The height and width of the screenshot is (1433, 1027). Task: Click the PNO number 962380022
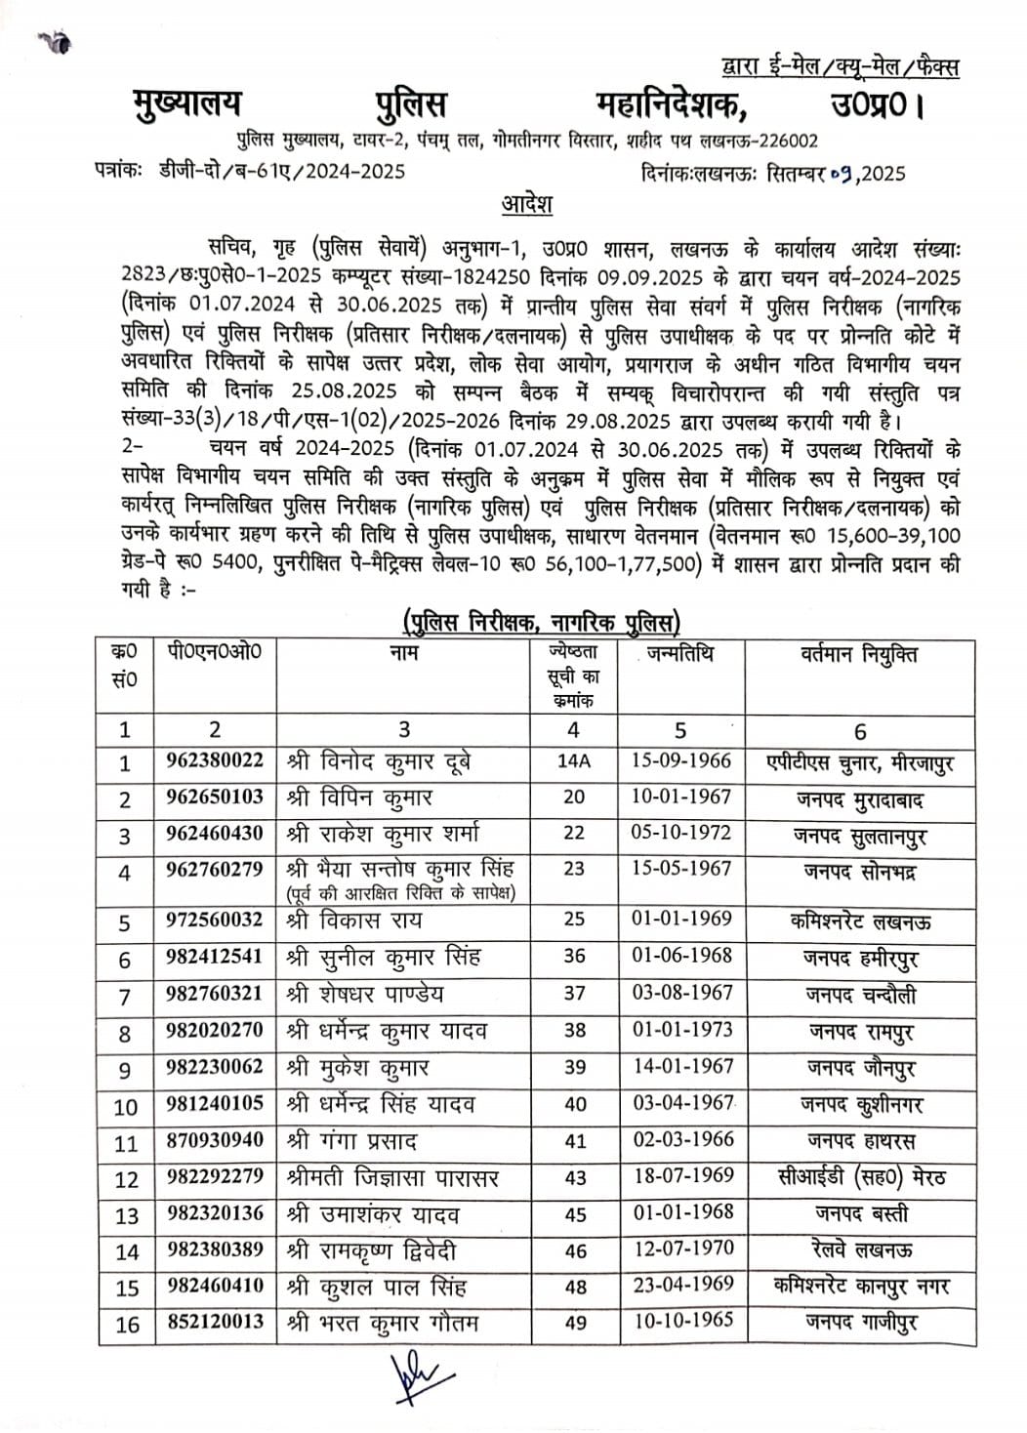click(215, 760)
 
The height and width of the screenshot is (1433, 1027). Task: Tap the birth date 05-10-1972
click(680, 834)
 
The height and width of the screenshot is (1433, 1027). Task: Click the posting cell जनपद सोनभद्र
click(859, 872)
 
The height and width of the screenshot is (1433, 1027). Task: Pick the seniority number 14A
click(573, 761)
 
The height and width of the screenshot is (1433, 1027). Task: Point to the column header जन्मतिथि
click(679, 653)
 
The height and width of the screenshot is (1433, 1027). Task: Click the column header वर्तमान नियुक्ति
click(859, 655)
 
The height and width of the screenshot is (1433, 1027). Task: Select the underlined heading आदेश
click(527, 205)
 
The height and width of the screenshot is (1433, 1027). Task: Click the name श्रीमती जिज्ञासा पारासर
click(393, 1178)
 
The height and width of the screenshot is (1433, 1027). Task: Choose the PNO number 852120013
click(215, 1323)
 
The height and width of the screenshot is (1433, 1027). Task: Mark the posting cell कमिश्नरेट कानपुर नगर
click(859, 1287)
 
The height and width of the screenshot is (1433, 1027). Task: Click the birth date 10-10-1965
click(680, 1323)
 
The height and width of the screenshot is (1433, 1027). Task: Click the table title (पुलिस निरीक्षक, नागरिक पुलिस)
click(542, 621)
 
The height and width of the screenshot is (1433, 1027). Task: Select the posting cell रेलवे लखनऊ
click(859, 1250)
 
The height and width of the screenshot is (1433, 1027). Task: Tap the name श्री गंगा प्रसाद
click(352, 1141)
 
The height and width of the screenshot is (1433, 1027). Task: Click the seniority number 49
click(575, 1324)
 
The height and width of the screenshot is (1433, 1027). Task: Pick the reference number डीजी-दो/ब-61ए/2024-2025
click(283, 172)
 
